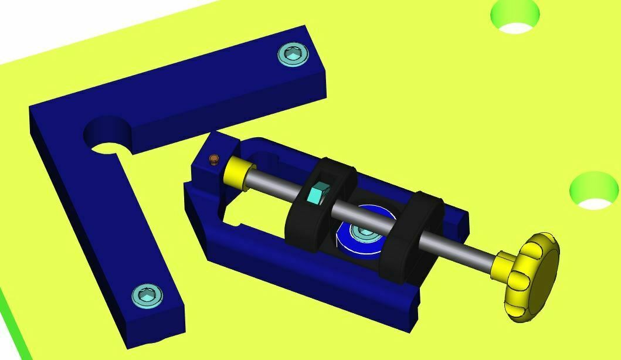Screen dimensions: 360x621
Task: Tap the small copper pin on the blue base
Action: (x=214, y=159)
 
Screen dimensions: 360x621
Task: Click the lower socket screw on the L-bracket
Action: (x=147, y=296)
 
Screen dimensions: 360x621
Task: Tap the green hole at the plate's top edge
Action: (x=515, y=15)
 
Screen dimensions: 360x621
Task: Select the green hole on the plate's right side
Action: (x=594, y=191)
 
